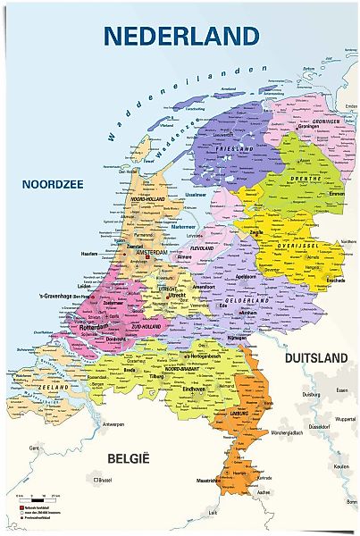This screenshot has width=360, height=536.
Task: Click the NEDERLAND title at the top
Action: coord(180,35)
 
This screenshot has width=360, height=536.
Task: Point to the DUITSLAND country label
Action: coord(314,357)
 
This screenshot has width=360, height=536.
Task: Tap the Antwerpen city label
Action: coord(113,423)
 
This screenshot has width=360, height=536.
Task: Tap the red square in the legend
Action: coord(21,506)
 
